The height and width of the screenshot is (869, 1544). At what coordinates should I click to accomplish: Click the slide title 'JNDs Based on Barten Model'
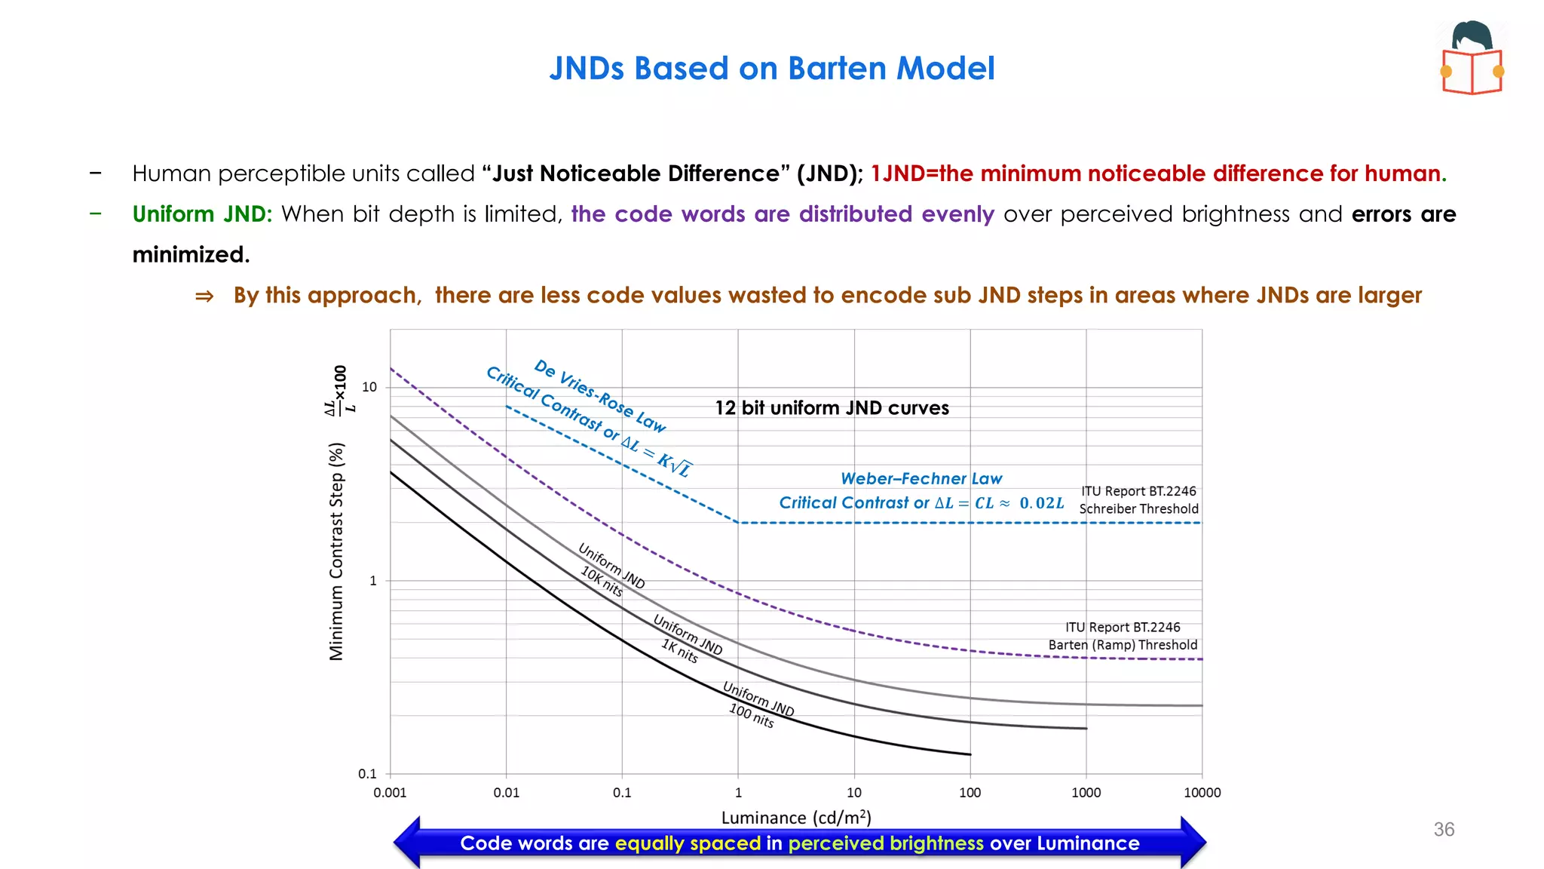tap(771, 69)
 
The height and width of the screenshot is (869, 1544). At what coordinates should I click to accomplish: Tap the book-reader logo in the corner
tap(1472, 58)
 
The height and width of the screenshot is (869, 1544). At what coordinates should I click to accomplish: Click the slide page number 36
tap(1444, 830)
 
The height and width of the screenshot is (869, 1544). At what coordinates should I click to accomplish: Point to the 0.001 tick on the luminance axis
tap(390, 793)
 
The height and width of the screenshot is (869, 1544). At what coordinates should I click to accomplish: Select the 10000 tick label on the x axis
tap(1202, 793)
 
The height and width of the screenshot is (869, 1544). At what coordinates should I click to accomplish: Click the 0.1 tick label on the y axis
tap(367, 774)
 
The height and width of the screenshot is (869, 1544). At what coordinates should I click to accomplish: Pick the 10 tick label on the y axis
tap(369, 387)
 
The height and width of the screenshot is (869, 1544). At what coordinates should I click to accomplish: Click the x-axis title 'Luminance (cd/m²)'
tap(796, 818)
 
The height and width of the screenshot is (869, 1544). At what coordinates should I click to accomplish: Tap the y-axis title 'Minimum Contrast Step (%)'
tap(336, 551)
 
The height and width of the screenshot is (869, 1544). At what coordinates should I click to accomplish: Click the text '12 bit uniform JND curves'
tap(832, 408)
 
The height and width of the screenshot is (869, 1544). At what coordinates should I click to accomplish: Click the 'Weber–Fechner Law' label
tap(921, 478)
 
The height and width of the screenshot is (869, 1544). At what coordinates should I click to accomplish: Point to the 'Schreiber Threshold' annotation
tap(1138, 508)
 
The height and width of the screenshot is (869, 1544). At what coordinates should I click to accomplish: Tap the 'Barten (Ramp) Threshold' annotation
tap(1123, 645)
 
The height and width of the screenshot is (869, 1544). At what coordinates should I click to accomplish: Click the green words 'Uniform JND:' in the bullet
tap(202, 214)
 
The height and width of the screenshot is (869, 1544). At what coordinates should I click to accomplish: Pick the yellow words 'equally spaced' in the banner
tap(688, 843)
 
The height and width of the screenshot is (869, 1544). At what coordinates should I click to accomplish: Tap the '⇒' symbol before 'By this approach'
tap(204, 296)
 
